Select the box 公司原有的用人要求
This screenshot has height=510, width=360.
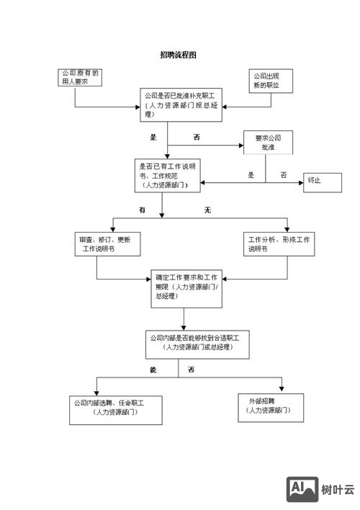[80, 77]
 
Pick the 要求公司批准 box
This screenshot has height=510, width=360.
[267, 142]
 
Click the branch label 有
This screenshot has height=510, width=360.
[142, 210]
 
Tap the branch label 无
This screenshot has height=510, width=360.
[207, 210]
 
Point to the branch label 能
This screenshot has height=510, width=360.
[153, 370]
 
